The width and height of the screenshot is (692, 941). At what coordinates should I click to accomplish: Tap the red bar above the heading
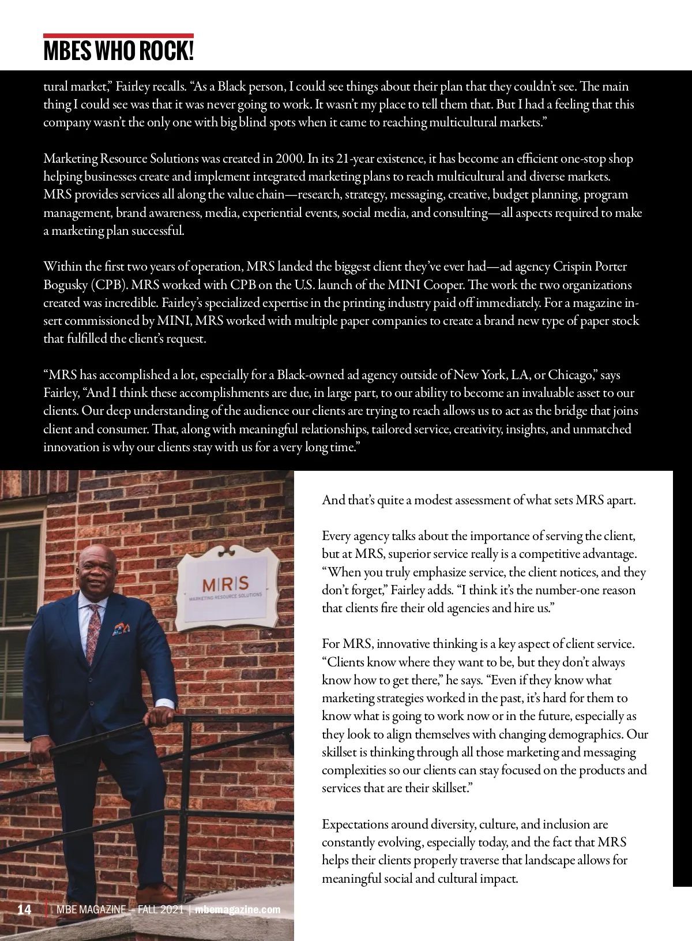pyautogui.click(x=118, y=36)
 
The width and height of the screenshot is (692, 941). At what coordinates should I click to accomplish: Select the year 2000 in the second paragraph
pyautogui.click(x=289, y=159)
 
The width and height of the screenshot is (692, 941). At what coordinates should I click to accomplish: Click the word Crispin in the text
pyautogui.click(x=571, y=267)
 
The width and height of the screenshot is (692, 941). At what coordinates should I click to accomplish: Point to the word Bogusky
pyautogui.click(x=66, y=285)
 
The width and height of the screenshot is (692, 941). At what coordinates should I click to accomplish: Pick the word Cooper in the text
pyautogui.click(x=444, y=285)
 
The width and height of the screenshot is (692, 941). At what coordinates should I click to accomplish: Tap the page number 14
pyautogui.click(x=24, y=910)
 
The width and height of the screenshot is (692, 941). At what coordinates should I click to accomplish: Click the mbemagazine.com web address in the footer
pyautogui.click(x=238, y=910)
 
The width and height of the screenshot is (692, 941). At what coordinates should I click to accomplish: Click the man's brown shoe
pyautogui.click(x=157, y=894)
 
